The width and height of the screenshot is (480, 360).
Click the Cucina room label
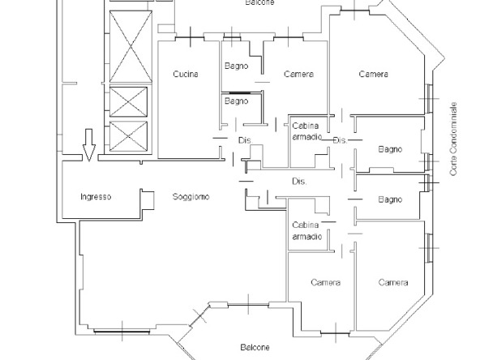coord(186,74)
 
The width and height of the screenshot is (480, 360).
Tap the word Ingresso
coord(96,197)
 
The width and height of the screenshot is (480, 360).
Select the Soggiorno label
coord(191,196)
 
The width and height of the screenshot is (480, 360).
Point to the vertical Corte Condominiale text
coord(453,139)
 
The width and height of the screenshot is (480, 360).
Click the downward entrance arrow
coord(89,145)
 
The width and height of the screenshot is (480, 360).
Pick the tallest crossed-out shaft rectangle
coord(131,46)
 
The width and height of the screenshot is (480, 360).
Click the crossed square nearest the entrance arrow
coord(128,136)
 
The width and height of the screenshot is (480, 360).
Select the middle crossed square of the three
coord(128,102)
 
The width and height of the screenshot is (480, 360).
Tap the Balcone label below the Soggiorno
coord(255,348)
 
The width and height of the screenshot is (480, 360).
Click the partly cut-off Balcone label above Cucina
coord(259,2)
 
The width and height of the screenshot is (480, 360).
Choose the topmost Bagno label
coord(236,66)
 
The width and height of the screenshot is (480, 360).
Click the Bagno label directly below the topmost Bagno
coord(236,101)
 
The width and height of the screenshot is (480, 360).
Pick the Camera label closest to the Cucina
coord(298,74)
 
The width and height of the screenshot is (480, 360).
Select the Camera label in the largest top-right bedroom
coord(374,74)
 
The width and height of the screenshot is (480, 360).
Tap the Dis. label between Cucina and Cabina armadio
coord(246,140)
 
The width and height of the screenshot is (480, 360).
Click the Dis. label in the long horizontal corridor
coord(299,182)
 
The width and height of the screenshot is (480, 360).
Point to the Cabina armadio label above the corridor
coord(306,131)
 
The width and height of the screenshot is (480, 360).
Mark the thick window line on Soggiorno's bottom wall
coord(122,331)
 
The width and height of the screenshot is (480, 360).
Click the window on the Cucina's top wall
coord(190,38)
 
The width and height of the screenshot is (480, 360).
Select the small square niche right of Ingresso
coord(148,200)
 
